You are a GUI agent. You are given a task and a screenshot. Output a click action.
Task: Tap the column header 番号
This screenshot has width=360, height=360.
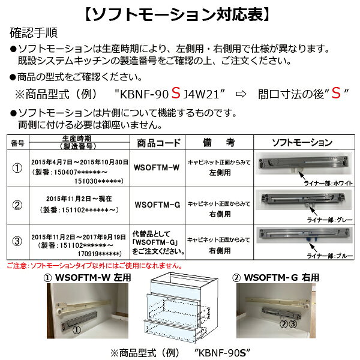[x=18, y=143]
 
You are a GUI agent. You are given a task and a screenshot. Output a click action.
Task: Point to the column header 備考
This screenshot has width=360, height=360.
[x=218, y=143]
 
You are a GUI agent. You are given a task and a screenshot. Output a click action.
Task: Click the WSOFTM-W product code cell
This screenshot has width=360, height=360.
[x=157, y=169]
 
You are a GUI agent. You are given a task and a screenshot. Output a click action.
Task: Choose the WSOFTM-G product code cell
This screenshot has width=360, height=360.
[x=157, y=205]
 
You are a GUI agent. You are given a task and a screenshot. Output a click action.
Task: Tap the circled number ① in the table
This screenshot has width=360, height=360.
[x=18, y=169]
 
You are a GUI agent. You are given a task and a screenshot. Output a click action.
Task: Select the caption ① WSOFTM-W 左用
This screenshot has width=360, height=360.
[x=87, y=277]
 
